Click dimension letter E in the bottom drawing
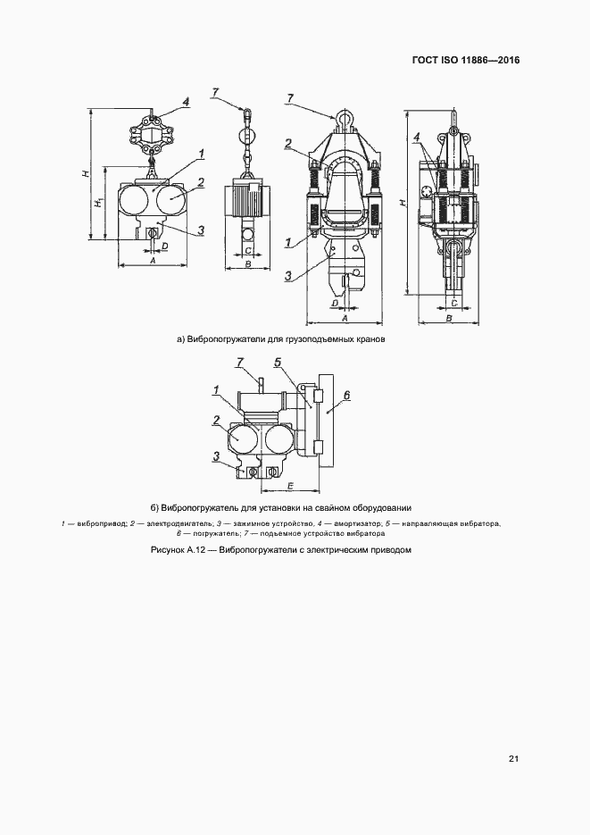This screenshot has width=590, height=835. click(x=291, y=485)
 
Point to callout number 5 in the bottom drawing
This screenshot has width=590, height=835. click(x=278, y=362)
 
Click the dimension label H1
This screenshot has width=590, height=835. click(x=96, y=205)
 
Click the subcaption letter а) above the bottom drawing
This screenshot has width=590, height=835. click(x=180, y=340)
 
